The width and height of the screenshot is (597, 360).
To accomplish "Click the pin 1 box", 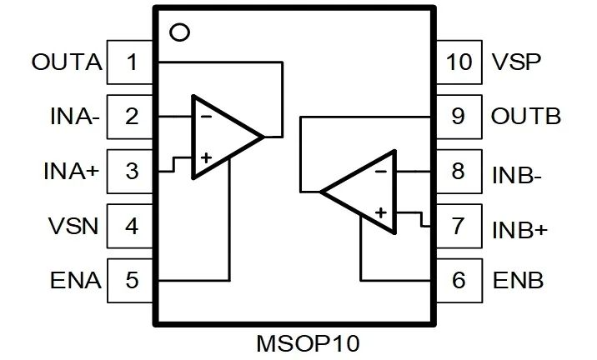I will pyautogui.click(x=131, y=62).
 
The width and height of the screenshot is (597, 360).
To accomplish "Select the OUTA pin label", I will pyautogui.click(x=67, y=62).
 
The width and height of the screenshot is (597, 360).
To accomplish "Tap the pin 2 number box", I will pyautogui.click(x=131, y=117).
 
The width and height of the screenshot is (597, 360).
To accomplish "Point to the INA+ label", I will pyautogui.click(x=71, y=172).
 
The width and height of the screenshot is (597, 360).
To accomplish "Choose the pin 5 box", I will pyautogui.click(x=131, y=280).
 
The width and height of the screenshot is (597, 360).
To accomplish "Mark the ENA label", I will pyautogui.click(x=76, y=281).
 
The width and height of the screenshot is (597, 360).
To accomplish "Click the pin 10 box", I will pyautogui.click(x=458, y=62).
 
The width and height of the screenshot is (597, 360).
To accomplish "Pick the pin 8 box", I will pyautogui.click(x=458, y=172).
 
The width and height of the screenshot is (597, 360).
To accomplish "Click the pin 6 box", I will pyautogui.click(x=458, y=280).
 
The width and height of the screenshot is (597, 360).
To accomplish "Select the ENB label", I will pyautogui.click(x=517, y=281).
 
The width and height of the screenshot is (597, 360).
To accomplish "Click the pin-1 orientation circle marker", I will pyautogui.click(x=178, y=33).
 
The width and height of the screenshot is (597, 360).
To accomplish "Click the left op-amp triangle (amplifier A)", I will pyautogui.click(x=222, y=136).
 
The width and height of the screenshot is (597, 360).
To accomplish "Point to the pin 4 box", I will pyautogui.click(x=131, y=226).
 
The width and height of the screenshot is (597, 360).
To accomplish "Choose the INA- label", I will pyautogui.click(x=74, y=117).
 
